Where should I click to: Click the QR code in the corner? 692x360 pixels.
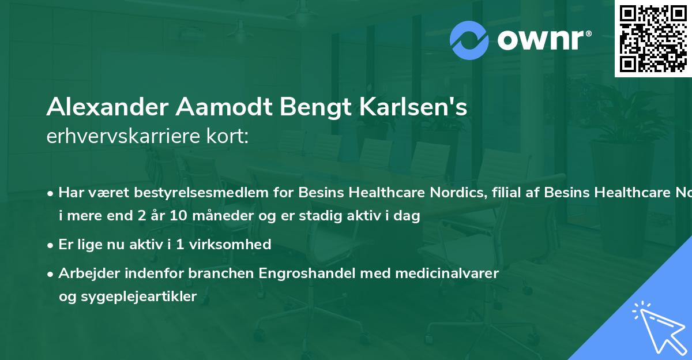tap(653, 39)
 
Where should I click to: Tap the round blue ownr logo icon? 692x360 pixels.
tap(469, 40)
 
